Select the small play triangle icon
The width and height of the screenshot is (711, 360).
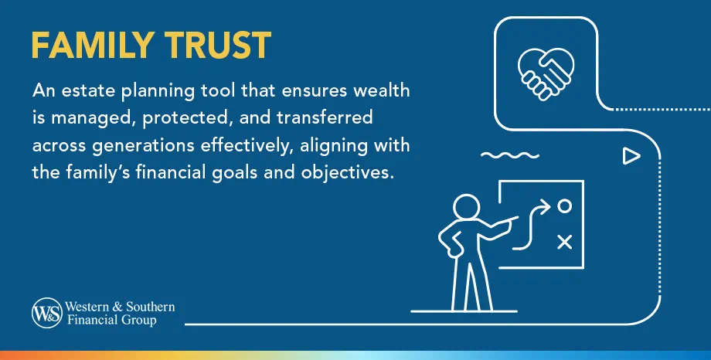(631, 157)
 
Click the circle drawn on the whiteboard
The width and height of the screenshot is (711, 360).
(565, 206)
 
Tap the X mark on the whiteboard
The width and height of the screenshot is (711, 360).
(565, 242)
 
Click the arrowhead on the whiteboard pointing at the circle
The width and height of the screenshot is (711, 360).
(547, 206)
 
